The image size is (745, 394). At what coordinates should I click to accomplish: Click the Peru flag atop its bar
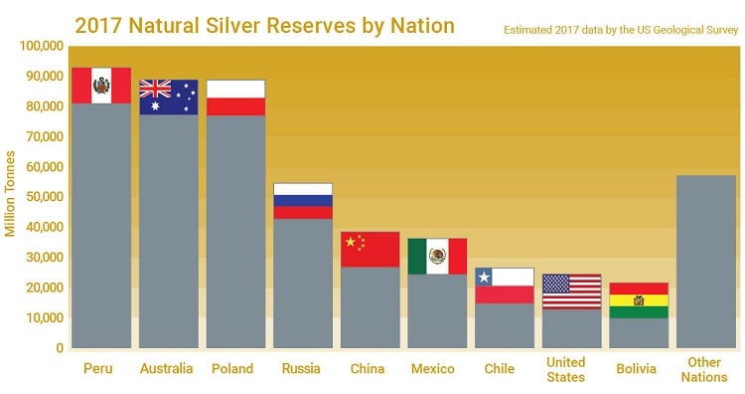(101, 86)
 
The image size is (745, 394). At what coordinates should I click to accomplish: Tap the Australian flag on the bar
(168, 97)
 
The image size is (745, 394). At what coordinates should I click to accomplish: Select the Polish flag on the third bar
(235, 98)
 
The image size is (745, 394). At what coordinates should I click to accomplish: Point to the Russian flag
(303, 201)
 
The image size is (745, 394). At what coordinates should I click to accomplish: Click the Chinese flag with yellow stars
(370, 249)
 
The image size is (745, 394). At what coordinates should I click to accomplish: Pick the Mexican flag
(437, 256)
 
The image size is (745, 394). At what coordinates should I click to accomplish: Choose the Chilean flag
(505, 286)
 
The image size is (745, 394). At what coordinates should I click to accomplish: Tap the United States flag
(572, 292)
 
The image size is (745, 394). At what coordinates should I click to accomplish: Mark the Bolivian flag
(639, 300)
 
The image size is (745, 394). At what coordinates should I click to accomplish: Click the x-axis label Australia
(168, 369)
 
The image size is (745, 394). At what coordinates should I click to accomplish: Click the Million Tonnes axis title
(11, 193)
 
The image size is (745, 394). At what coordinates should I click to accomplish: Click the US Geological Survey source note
(620, 30)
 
